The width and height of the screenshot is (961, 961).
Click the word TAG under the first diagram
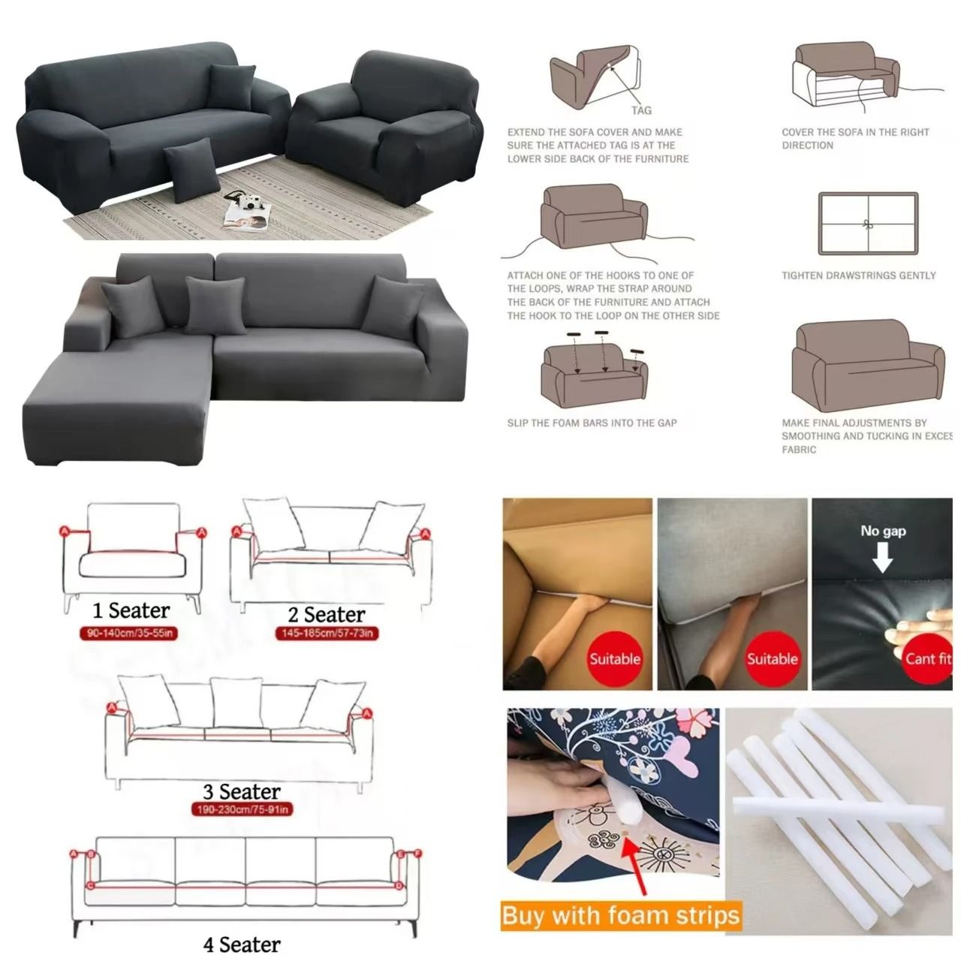(x=641, y=110)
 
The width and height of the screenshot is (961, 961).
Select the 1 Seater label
(x=131, y=610)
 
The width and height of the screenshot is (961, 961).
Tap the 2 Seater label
(x=327, y=615)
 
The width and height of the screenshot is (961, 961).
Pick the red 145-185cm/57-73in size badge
(x=326, y=634)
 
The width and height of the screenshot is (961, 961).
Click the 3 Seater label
(x=242, y=791)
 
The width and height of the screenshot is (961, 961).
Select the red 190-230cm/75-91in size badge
(x=241, y=809)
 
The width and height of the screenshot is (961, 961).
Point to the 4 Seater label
(x=242, y=944)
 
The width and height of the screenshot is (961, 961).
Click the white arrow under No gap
(x=882, y=557)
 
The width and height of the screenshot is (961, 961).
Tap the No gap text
(x=883, y=531)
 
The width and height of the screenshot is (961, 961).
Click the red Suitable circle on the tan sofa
(x=614, y=658)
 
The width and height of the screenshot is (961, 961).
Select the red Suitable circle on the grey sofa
(x=771, y=658)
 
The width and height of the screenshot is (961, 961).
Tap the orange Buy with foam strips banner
(x=621, y=916)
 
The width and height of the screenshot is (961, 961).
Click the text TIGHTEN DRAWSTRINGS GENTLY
(x=858, y=276)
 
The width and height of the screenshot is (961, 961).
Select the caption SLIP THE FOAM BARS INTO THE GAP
(x=592, y=423)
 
